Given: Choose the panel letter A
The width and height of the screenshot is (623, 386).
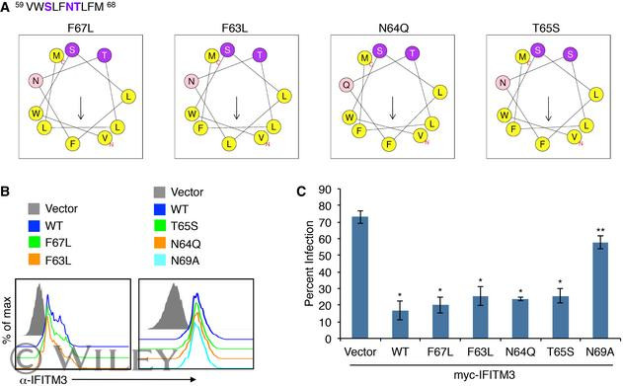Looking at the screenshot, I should pyautogui.click(x=8, y=7).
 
